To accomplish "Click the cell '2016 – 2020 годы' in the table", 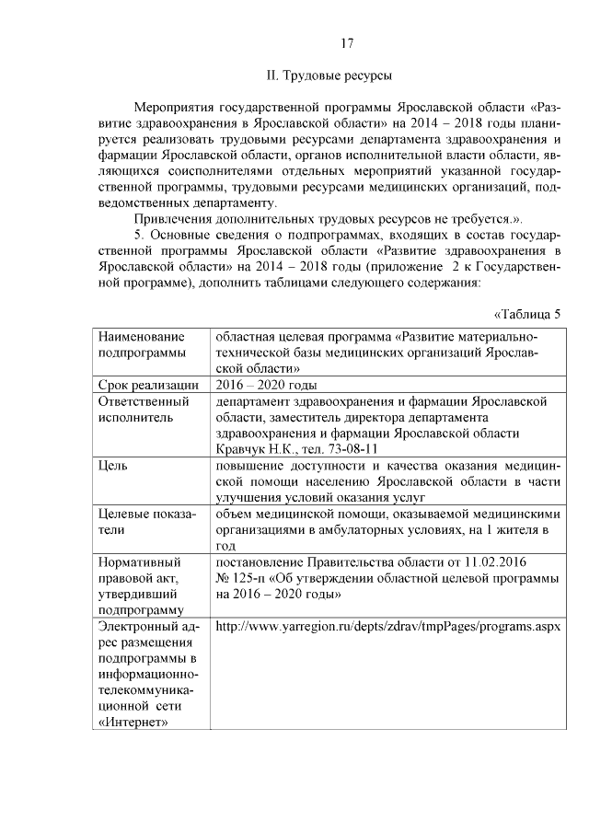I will (267, 385).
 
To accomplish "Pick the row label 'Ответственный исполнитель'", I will (143, 410).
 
